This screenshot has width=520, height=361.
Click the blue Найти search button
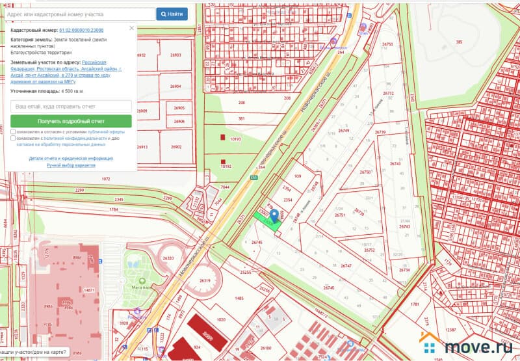click(172, 14)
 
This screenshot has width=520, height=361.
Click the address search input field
click(78, 14)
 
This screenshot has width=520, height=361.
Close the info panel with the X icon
click(131, 28)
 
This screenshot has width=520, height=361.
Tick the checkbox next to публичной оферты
click(14, 131)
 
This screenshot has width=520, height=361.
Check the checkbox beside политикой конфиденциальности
click(14, 139)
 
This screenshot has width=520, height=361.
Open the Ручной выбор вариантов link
click(71, 165)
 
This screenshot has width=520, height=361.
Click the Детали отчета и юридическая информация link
click(71, 158)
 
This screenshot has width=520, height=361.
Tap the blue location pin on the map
click(274, 216)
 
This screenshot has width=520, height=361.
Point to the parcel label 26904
click(175, 86)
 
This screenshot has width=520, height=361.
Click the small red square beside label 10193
click(223, 138)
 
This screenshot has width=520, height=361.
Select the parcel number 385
click(459, 42)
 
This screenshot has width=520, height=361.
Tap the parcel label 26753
click(388, 44)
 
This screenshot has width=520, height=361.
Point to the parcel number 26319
click(205, 280)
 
